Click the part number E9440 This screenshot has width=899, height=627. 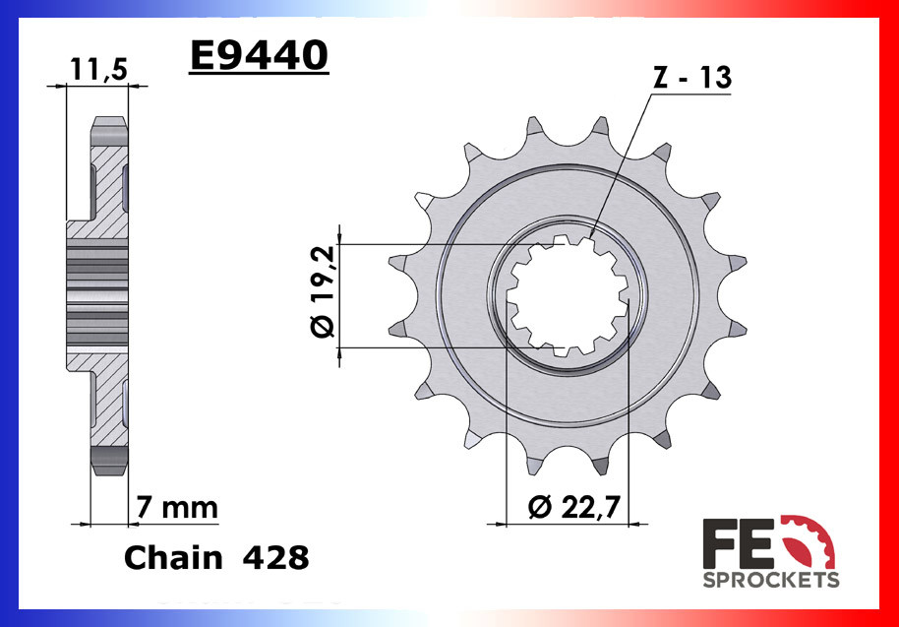coord(259,57)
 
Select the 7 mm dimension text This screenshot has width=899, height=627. coord(177,508)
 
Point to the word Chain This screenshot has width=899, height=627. coord(173,558)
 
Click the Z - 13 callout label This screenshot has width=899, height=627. coord(692,78)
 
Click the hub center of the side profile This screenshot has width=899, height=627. coord(97,295)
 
